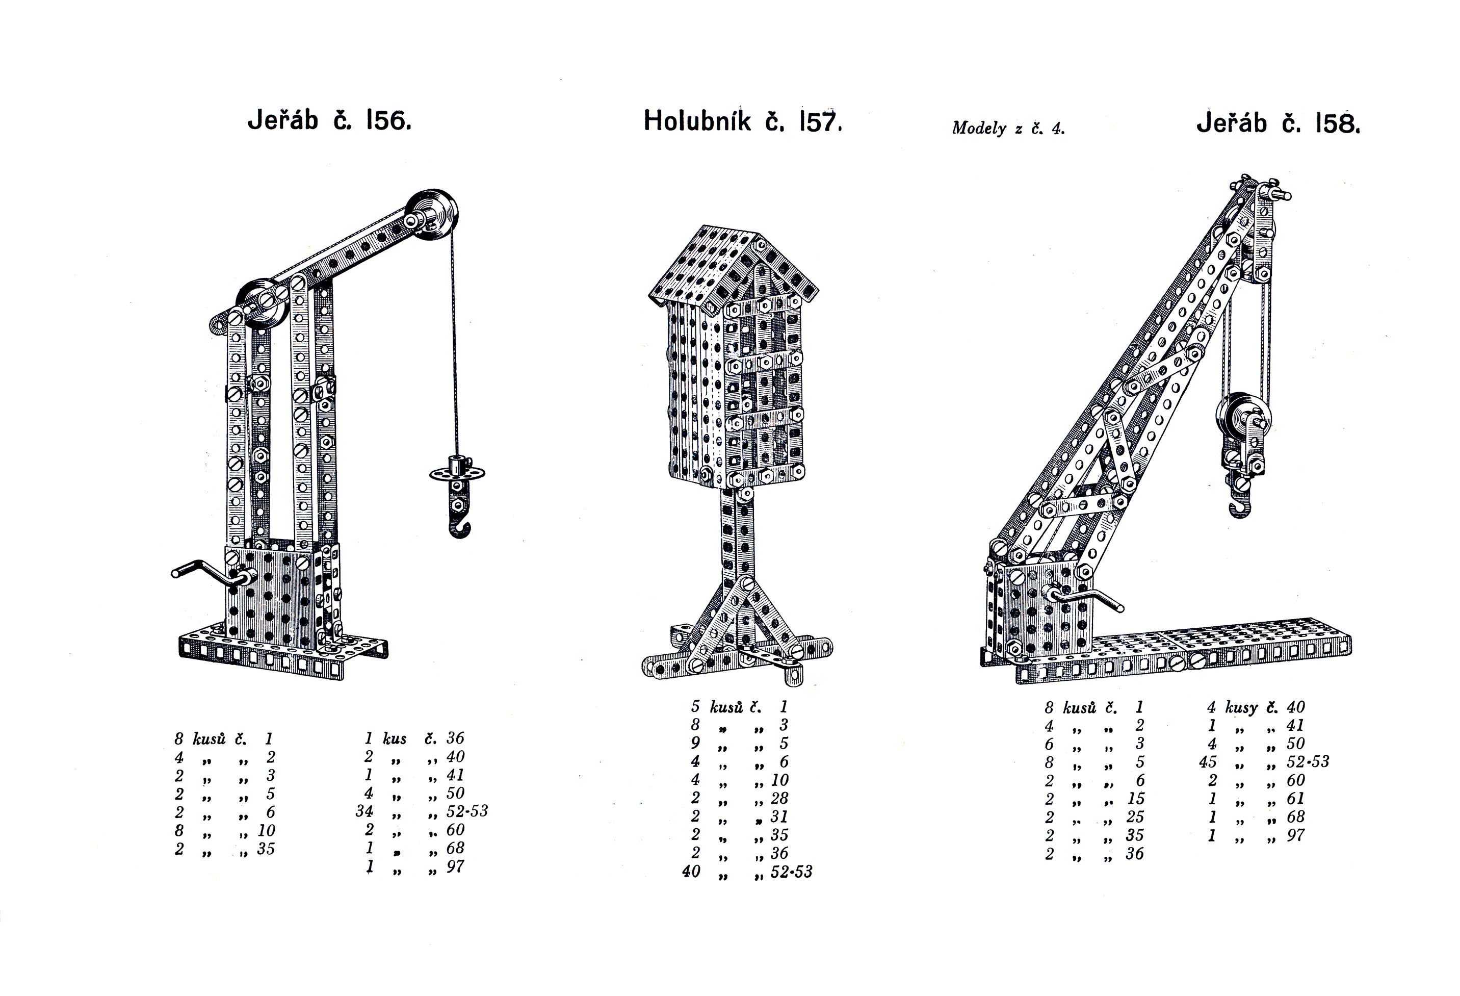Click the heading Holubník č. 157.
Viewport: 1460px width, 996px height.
click(743, 121)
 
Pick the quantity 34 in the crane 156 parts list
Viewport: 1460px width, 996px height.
click(364, 812)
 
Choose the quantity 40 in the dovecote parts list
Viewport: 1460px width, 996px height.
click(691, 872)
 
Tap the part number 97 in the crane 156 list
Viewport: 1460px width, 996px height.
click(455, 866)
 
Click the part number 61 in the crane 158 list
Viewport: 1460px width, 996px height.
click(1295, 799)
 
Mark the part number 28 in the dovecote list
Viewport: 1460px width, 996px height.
click(779, 799)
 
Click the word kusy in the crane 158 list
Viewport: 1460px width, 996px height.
click(1241, 708)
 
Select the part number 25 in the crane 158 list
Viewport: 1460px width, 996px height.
click(1135, 817)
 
